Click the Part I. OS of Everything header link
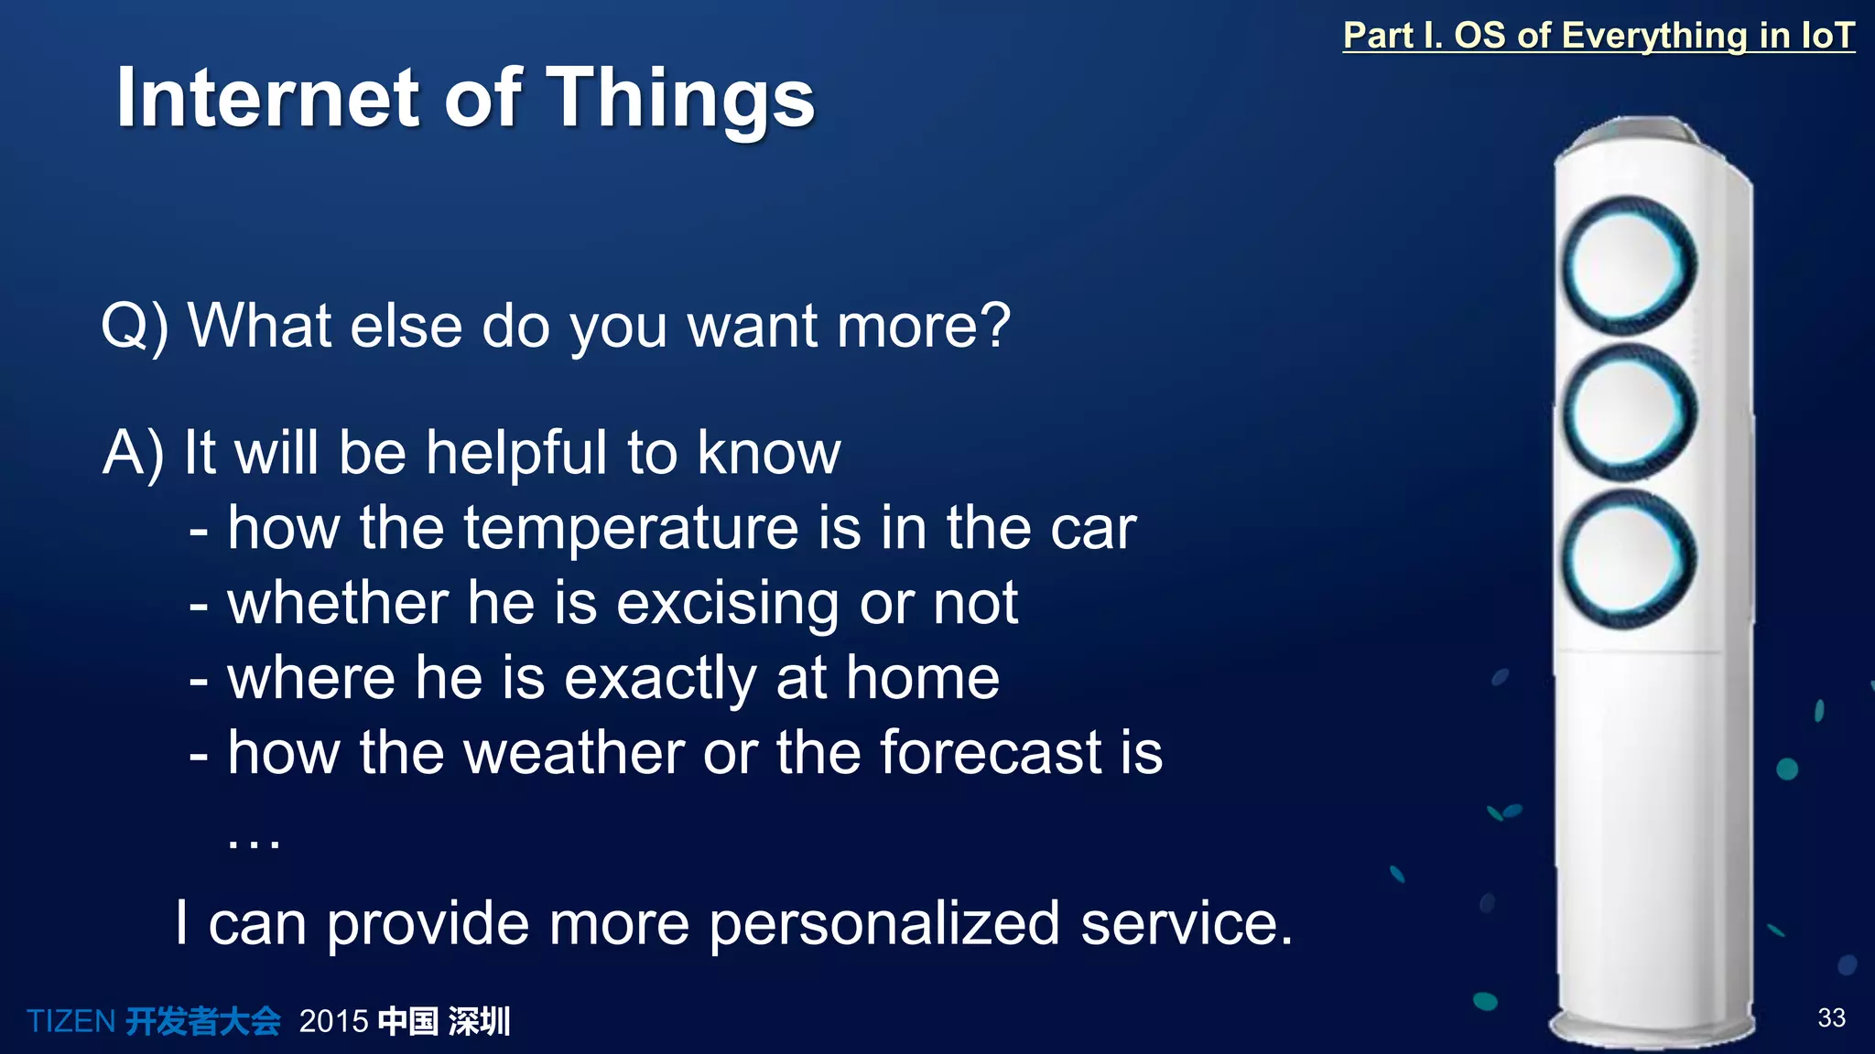click(x=1598, y=36)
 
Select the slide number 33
click(x=1831, y=1017)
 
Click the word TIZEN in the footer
click(x=70, y=1021)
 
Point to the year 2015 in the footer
click(x=333, y=1021)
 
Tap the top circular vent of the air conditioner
click(x=1629, y=265)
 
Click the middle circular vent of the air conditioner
click(x=1629, y=413)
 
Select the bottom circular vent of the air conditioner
click(x=1629, y=559)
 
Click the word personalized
click(x=884, y=923)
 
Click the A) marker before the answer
click(x=134, y=453)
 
